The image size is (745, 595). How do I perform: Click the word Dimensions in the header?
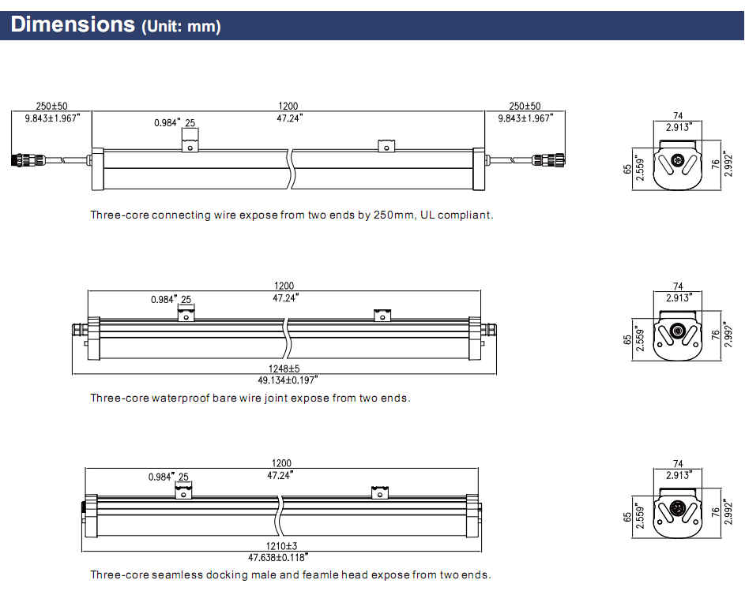click(x=73, y=24)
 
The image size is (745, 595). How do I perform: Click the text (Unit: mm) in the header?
click(x=181, y=27)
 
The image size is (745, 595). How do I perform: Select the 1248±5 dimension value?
click(x=284, y=369)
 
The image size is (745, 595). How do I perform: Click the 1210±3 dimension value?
click(x=282, y=546)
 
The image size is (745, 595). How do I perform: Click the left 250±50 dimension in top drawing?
click(x=51, y=107)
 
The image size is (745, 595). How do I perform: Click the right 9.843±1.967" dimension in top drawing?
click(x=525, y=118)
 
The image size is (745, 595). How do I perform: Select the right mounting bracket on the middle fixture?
click(x=382, y=315)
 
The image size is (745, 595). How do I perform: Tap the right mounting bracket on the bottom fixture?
click(x=381, y=492)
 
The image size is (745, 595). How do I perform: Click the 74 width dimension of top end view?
click(x=678, y=114)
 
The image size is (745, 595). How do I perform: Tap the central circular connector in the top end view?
click(x=677, y=160)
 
